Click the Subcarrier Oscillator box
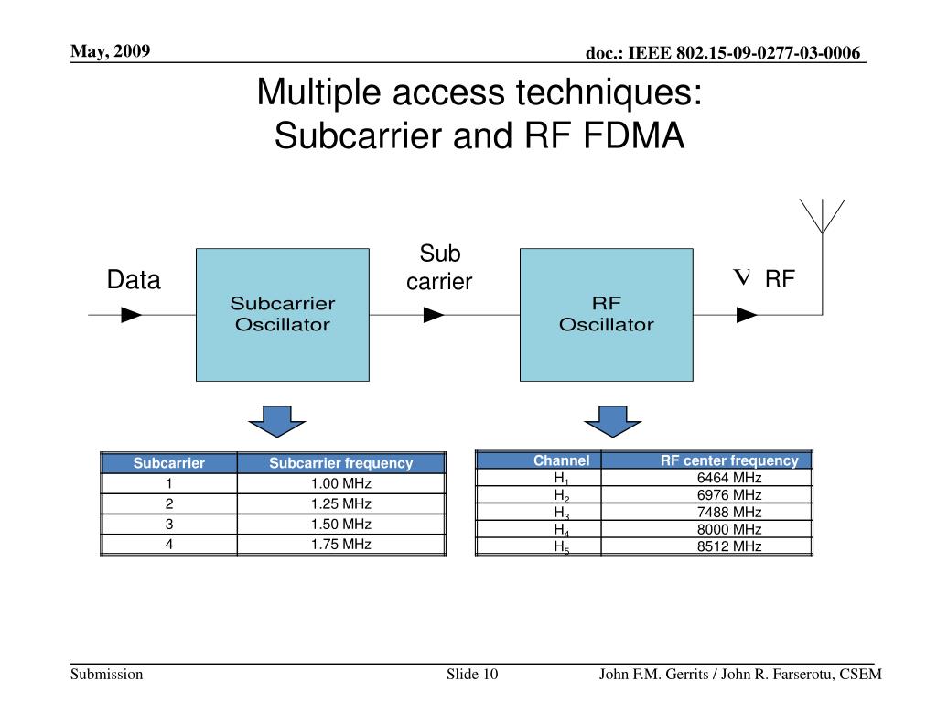click(x=283, y=315)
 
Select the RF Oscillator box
click(x=607, y=315)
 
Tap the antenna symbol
click(x=823, y=216)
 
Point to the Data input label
click(x=134, y=280)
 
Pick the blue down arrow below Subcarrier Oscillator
click(x=277, y=421)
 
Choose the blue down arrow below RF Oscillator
click(x=612, y=421)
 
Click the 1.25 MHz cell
click(x=341, y=504)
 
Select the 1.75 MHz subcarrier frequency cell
click(x=341, y=545)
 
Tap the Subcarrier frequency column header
click(x=341, y=463)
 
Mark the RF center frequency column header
click(x=707, y=460)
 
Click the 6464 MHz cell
click(x=707, y=478)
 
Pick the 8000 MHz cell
click(x=707, y=530)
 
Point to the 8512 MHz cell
click(x=707, y=546)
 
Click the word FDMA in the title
click(x=633, y=135)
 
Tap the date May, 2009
click(x=111, y=51)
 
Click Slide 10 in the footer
click(x=472, y=675)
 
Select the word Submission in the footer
click(x=107, y=675)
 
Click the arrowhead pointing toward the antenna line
click(x=747, y=315)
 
